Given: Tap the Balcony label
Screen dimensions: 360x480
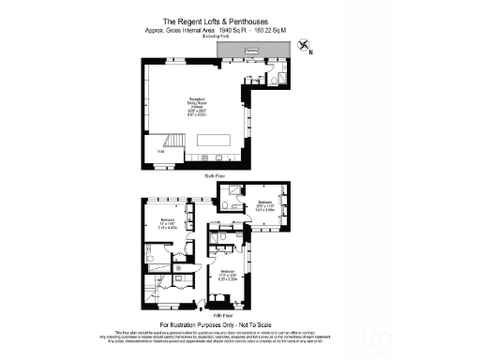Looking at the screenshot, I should [251, 52].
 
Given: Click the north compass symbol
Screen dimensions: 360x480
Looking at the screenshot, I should [304, 44].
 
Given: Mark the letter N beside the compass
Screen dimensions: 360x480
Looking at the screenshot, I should [311, 53].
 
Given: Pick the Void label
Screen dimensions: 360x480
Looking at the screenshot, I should [161, 150].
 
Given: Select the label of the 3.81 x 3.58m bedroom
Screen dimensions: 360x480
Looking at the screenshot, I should [264, 206].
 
